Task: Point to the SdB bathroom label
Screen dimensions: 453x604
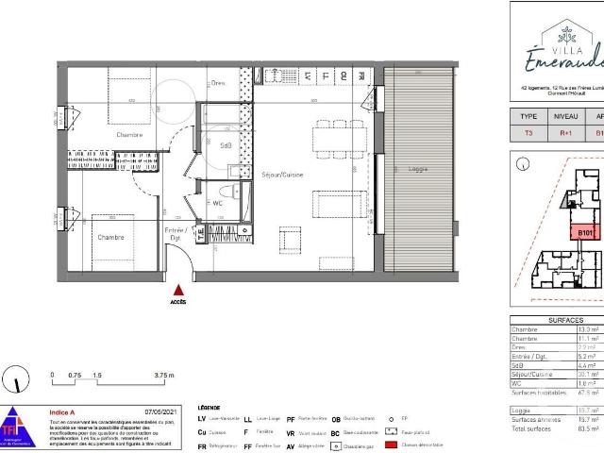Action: click(226, 145)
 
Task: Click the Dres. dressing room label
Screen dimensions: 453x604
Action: click(219, 83)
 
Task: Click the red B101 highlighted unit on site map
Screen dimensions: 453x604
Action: click(585, 232)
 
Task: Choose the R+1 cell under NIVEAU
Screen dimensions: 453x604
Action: click(566, 133)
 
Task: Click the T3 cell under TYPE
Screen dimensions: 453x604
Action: click(528, 133)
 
